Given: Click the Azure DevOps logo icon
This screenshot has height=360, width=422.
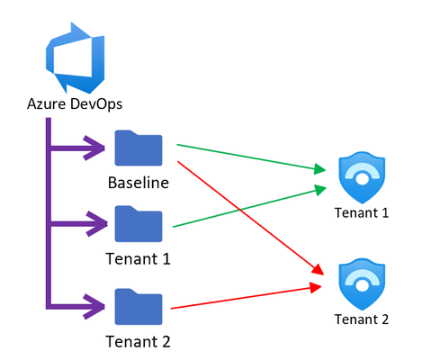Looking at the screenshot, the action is (x=75, y=58).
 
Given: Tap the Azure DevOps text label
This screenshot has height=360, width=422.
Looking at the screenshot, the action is (x=75, y=104).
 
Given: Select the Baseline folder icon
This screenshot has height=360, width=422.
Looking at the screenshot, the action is (x=139, y=148).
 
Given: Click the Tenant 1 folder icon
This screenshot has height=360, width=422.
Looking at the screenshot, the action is (x=139, y=224).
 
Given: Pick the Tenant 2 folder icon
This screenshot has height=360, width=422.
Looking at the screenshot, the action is (x=139, y=307).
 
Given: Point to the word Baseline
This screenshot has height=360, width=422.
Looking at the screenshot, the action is (x=139, y=183).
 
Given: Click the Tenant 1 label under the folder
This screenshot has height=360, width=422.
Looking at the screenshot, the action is (x=139, y=259).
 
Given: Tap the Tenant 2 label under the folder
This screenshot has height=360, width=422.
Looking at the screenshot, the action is (x=139, y=342).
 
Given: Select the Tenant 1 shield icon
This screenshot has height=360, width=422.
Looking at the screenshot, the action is (x=362, y=177).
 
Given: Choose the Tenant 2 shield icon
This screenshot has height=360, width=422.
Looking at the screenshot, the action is (x=362, y=284).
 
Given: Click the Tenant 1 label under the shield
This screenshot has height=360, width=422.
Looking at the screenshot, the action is (x=362, y=212).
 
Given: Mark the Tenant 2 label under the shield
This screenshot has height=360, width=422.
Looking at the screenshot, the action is (x=362, y=319).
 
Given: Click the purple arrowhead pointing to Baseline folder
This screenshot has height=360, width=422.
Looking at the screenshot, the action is (x=94, y=148).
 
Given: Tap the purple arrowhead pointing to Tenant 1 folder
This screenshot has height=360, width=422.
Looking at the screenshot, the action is (x=96, y=224).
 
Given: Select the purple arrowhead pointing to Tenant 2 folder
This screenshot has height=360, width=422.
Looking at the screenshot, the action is (x=94, y=307).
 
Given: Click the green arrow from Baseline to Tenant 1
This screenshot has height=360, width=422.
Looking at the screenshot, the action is (x=251, y=157).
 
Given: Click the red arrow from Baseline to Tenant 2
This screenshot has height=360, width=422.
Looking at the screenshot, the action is (x=251, y=218).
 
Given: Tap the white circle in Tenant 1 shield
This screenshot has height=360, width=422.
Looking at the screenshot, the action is (x=362, y=179).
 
